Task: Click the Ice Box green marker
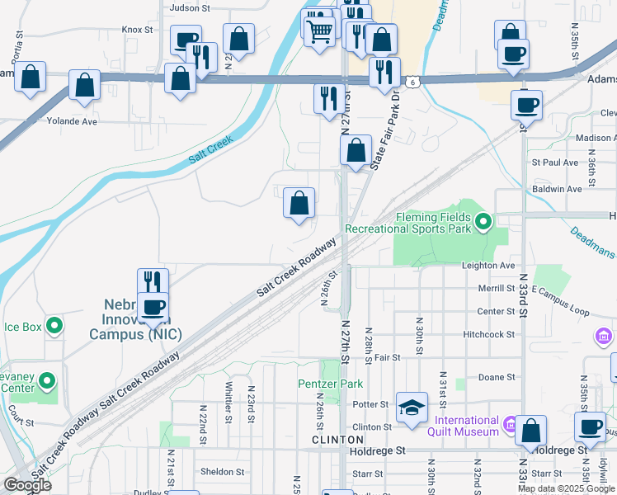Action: click(54, 327)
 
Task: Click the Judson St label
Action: click(190, 7)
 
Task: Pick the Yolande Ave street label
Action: click(73, 121)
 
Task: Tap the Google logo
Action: click(28, 486)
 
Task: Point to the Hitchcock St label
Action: click(488, 335)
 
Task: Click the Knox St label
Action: click(138, 29)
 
